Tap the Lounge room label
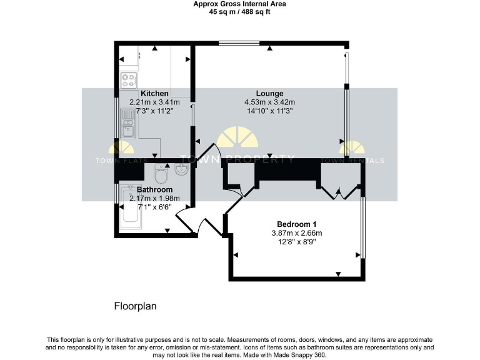coord(269,94)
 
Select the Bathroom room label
coord(154,189)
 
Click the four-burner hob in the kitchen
coord(129,79)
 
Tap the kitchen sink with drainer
coord(127,126)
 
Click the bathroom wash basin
coord(181,169)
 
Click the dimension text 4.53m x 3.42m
coord(269,102)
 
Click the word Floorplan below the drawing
coord(135,307)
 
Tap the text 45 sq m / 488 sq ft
coord(239,11)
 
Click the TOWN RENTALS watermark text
coord(362,161)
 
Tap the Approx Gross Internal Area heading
coord(239,4)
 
